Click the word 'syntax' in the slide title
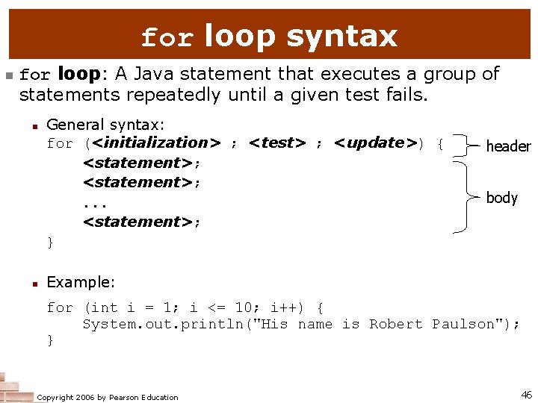click(x=341, y=36)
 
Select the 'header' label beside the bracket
click(x=508, y=146)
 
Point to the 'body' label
click(x=502, y=198)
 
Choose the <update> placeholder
click(x=376, y=143)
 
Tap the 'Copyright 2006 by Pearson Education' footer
click(x=108, y=397)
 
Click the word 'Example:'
click(x=81, y=282)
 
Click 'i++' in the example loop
click(x=283, y=307)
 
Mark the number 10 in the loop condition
click(x=244, y=307)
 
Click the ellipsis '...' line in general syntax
click(x=95, y=202)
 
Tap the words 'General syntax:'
click(x=105, y=125)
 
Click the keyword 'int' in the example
click(x=104, y=307)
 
